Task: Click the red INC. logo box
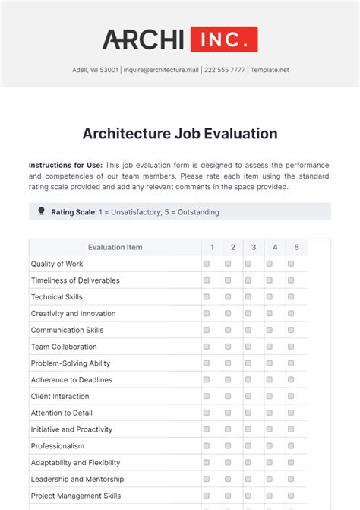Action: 224,39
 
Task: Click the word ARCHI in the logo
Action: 144,39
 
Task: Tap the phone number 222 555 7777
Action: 224,70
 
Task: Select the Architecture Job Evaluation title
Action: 180,134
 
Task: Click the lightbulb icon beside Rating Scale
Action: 41,211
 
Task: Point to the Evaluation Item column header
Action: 115,247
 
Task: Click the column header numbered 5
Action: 297,247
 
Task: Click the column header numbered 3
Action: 254,247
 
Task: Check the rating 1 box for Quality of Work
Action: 207,264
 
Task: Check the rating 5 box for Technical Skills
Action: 291,297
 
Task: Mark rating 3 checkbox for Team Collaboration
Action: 248,347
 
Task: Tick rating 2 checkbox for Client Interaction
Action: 228,396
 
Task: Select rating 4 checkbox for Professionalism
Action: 270,446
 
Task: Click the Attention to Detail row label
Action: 62,413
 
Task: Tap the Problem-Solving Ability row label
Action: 71,363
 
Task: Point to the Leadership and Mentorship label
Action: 77,479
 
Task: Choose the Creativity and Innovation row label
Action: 73,313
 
